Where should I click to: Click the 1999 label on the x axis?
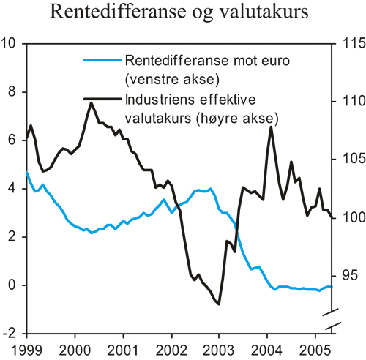click(x=26, y=348)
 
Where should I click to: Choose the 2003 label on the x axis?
click(x=219, y=348)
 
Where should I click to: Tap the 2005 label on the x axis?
click(x=315, y=348)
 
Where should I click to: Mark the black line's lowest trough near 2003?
click(x=219, y=304)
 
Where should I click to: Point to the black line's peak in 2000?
click(x=91, y=102)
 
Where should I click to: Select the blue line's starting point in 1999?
click(x=26, y=173)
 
